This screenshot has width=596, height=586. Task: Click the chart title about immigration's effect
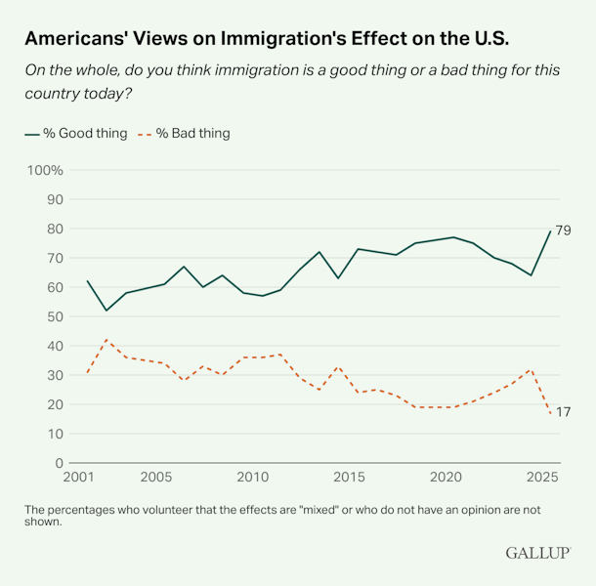[266, 39]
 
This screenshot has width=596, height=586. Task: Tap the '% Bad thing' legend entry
[185, 133]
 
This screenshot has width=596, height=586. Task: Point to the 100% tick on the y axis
[44, 170]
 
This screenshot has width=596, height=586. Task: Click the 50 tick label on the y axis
[55, 316]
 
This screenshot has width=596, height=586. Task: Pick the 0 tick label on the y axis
[60, 463]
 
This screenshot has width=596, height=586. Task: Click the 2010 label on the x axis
[252, 478]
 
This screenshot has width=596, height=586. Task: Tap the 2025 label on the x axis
[541, 478]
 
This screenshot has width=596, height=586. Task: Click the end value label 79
[563, 230]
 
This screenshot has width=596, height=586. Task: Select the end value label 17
[563, 413]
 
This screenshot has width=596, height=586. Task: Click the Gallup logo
[537, 553]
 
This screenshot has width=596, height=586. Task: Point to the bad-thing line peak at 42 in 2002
[107, 340]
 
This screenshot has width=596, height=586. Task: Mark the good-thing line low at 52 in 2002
[107, 311]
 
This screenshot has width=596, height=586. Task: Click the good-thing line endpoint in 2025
[551, 231]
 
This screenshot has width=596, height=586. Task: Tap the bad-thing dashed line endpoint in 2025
[551, 413]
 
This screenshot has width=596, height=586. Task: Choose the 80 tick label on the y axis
[55, 229]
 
